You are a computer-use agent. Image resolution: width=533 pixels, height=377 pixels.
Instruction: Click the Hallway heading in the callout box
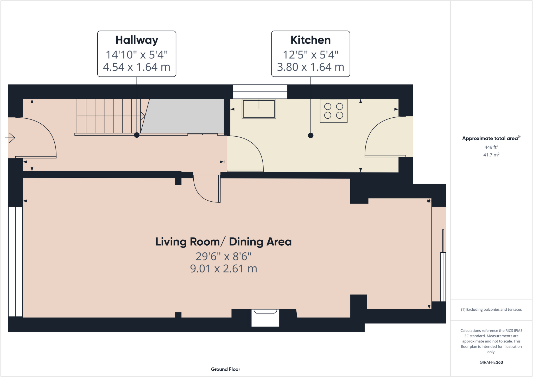pos(137,40)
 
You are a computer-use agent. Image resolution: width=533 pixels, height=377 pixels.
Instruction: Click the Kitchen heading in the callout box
pos(310,40)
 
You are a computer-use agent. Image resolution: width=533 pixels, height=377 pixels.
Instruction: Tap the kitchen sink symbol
pos(259,109)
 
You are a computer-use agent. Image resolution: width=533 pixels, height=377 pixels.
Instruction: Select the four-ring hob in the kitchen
pos(333,111)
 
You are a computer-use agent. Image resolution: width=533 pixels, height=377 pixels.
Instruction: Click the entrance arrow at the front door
pos(10,138)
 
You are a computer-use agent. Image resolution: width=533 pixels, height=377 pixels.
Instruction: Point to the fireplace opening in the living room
pos(265,318)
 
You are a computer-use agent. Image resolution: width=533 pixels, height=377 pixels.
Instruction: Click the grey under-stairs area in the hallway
pos(185,116)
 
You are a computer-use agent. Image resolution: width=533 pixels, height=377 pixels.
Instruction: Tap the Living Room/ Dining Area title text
pos(223,242)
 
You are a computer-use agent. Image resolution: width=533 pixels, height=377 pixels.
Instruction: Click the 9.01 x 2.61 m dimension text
pos(223,269)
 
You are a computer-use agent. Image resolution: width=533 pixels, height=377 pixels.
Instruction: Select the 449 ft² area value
pos(491,147)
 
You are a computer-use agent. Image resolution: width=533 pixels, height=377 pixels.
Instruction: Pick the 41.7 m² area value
pos(491,155)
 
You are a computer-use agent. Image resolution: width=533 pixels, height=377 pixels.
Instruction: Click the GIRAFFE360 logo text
pos(491,362)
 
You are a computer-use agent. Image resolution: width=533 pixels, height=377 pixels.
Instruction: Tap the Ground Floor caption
pos(225,369)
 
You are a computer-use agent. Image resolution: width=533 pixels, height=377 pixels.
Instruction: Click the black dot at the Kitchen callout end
pos(310,135)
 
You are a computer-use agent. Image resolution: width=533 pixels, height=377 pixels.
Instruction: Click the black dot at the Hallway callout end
pos(137,135)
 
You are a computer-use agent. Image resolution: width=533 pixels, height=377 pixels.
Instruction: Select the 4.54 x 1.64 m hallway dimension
pos(137,67)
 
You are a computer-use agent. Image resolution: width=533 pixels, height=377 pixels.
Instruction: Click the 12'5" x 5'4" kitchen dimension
pos(310,55)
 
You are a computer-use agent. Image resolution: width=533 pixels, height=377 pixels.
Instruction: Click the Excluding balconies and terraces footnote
pos(491,309)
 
